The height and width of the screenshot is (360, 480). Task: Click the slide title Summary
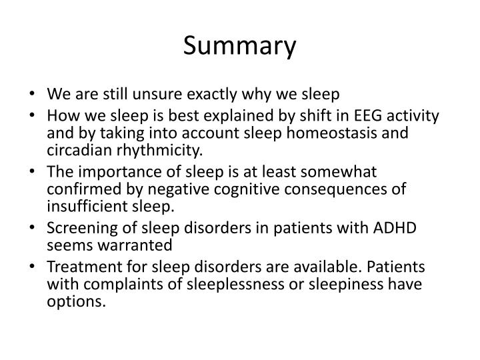click(240, 46)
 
